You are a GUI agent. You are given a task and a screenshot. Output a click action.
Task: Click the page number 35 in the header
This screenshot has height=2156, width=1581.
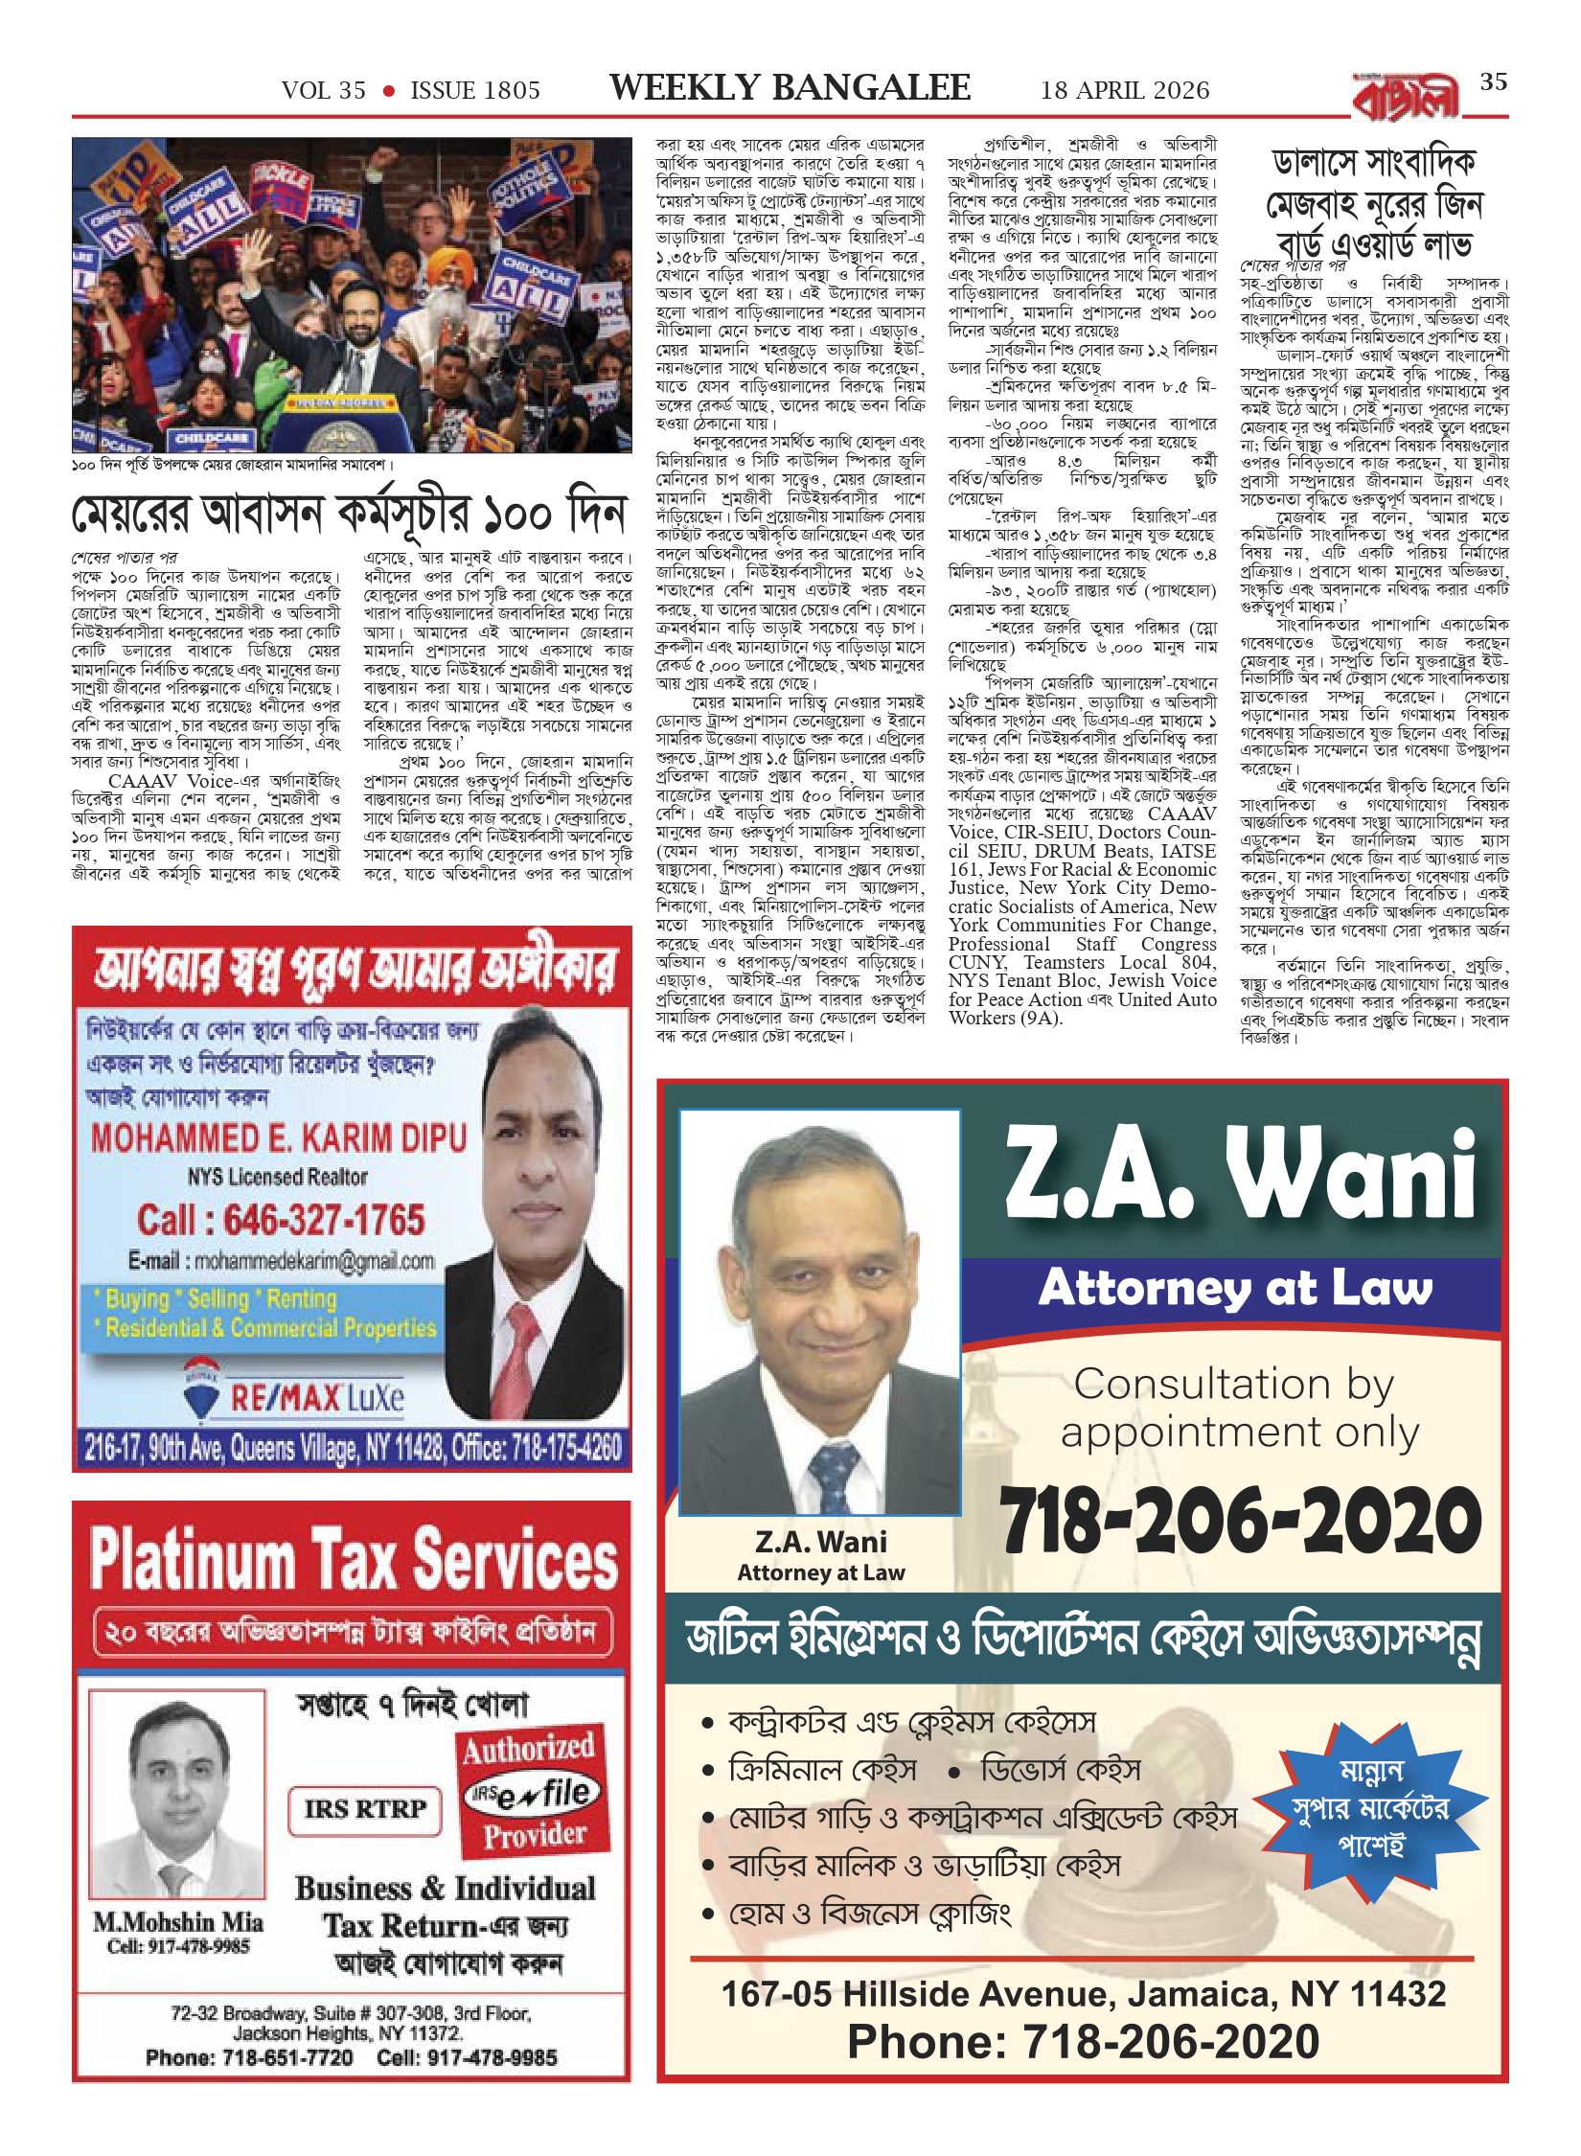click(x=1493, y=82)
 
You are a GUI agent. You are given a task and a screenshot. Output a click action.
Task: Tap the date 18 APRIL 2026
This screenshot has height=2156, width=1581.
click(x=1125, y=90)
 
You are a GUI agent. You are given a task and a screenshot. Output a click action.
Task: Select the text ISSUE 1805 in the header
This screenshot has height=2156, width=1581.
click(x=475, y=90)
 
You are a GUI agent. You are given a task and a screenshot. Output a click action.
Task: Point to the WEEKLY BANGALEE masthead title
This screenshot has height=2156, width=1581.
click(x=790, y=88)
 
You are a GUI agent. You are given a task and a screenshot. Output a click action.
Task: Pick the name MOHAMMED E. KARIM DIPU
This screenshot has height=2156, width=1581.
click(x=279, y=1137)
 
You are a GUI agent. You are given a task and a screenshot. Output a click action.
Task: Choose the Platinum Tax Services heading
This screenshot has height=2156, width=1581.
click(x=354, y=1559)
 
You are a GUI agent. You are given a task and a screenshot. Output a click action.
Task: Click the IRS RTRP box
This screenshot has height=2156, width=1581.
click(x=365, y=1809)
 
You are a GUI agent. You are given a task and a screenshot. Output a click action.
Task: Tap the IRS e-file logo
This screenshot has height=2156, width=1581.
click(x=533, y=1794)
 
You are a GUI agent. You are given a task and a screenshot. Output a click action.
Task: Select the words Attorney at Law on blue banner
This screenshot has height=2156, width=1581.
click(x=1235, y=1288)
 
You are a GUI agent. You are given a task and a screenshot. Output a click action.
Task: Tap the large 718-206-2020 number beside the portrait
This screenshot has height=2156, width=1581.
click(x=1240, y=1521)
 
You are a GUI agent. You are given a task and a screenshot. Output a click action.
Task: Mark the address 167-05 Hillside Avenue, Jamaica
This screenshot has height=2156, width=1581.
click(x=1083, y=1993)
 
